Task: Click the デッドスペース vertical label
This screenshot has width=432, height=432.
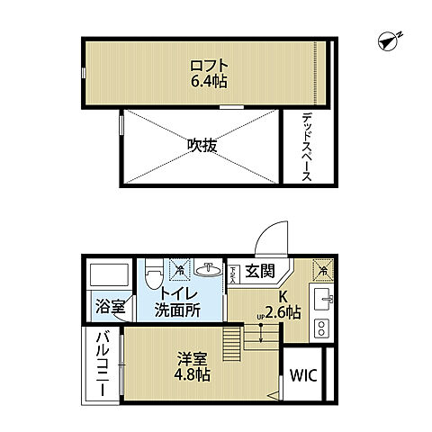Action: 307,146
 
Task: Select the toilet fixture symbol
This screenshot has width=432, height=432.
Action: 154,268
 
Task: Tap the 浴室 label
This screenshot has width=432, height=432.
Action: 110,306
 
